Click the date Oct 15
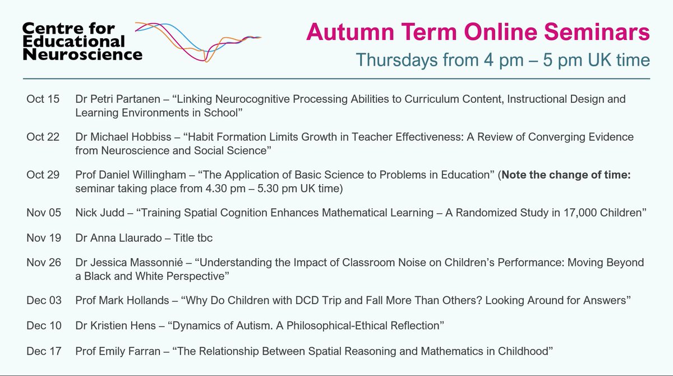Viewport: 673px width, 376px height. coord(43,99)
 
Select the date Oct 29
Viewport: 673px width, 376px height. coord(43,175)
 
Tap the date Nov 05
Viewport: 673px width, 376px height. coord(43,213)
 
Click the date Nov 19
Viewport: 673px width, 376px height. coord(43,238)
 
